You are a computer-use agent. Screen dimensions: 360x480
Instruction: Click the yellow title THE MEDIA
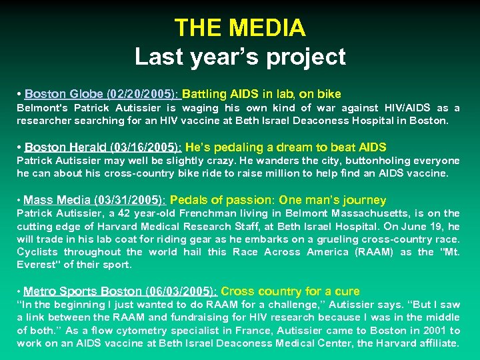(x=240, y=28)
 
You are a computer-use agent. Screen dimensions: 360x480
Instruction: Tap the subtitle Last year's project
(x=240, y=57)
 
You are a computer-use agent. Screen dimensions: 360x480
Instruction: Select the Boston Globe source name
(x=57, y=94)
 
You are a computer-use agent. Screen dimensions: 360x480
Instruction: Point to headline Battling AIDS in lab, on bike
(x=261, y=94)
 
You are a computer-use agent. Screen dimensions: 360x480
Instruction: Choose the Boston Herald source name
(x=59, y=147)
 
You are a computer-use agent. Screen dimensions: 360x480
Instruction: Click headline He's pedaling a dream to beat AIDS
(x=285, y=147)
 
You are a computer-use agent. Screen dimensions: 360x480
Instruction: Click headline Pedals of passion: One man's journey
(x=278, y=200)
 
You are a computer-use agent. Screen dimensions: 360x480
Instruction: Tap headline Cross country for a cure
(x=290, y=291)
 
